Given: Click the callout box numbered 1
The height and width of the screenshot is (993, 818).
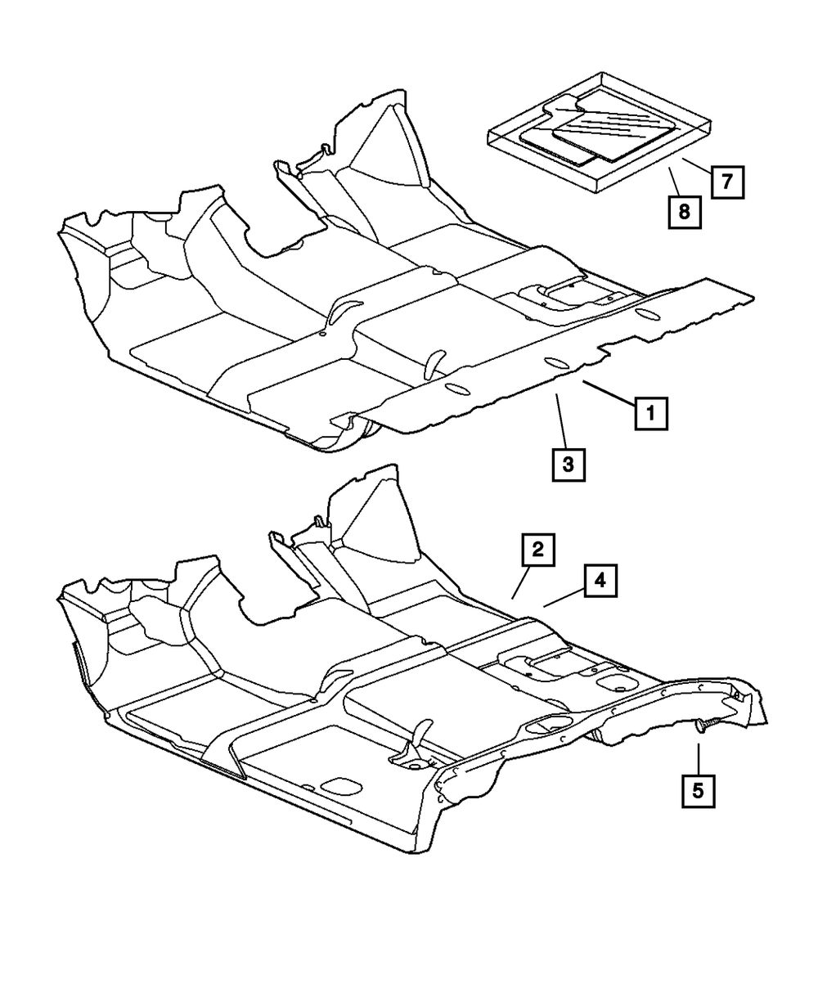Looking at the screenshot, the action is tap(651, 413).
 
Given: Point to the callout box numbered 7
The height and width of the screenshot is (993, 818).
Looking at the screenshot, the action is tap(726, 182).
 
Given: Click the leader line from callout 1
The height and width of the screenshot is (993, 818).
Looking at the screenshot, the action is tap(608, 391).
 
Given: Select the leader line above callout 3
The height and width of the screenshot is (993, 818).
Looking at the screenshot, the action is tap(560, 418).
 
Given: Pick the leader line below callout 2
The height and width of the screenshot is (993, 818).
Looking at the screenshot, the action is tap(520, 585).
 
